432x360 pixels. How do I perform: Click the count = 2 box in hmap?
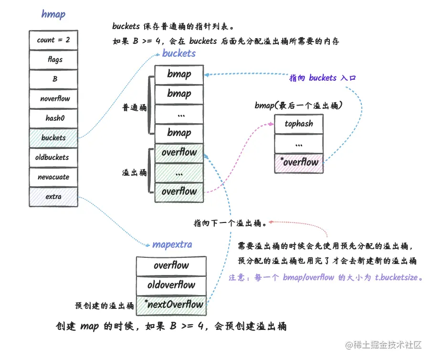click(x=53, y=40)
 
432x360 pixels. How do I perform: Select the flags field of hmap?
click(x=53, y=60)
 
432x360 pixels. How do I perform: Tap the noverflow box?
click(x=53, y=99)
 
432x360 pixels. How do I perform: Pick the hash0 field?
click(x=53, y=118)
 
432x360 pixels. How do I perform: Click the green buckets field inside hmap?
click(x=53, y=138)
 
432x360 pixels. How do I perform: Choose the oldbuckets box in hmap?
click(x=53, y=158)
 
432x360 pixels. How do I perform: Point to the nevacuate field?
click(x=53, y=177)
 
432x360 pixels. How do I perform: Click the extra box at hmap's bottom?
click(x=53, y=197)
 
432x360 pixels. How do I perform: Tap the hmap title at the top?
click(x=53, y=14)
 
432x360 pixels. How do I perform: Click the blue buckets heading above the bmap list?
click(x=179, y=53)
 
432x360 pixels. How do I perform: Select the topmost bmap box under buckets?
click(x=179, y=74)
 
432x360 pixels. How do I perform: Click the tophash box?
click(x=299, y=124)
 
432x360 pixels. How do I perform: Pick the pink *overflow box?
click(x=299, y=162)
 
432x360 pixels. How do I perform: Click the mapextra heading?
click(x=172, y=245)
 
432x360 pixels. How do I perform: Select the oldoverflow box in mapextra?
click(x=172, y=286)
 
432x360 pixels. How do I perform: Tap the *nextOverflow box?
click(x=172, y=305)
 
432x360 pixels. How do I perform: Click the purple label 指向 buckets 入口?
click(x=322, y=78)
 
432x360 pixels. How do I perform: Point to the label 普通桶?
click(x=135, y=108)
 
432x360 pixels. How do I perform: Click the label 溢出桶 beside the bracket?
click(x=135, y=173)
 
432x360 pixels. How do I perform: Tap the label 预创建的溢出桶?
click(x=104, y=305)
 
